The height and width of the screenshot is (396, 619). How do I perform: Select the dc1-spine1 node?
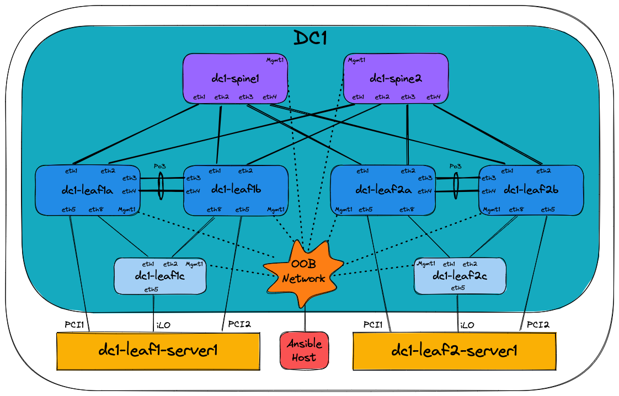coord(236,78)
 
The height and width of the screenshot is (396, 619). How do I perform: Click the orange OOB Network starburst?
coord(303,272)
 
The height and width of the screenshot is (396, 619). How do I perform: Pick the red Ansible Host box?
coord(303,350)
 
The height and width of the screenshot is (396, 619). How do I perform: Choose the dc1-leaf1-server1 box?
coord(158,351)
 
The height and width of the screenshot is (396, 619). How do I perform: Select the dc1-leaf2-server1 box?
coord(454,351)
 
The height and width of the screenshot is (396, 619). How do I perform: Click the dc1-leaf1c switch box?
coord(160,275)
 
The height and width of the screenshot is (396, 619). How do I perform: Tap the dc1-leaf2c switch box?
coord(460,275)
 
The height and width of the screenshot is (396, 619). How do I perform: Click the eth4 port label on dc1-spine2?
coord(434,97)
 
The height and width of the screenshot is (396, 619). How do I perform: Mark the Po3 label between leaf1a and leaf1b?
coord(161,166)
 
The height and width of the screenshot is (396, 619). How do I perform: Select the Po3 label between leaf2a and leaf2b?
coord(455,166)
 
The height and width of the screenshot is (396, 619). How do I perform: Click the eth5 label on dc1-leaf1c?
coord(152,289)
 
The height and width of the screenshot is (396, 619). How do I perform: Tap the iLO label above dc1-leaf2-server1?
coord(467,325)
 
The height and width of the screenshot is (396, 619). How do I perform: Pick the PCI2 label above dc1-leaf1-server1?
coord(239,324)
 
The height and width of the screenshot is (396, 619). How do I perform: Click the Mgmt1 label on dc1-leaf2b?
coord(492,210)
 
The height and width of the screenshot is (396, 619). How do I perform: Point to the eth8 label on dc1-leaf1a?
coord(97,210)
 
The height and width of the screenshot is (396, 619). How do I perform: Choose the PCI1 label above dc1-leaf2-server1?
coord(373,324)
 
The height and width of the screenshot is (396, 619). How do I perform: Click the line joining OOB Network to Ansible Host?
coord(305,320)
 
